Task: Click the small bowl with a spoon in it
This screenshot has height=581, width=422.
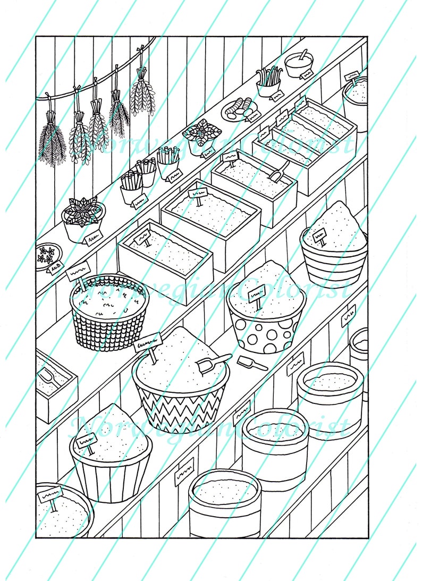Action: pos(299,65)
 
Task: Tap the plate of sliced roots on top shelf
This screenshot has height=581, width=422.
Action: pos(238,108)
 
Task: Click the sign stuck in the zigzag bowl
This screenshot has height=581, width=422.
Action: pos(149,343)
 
